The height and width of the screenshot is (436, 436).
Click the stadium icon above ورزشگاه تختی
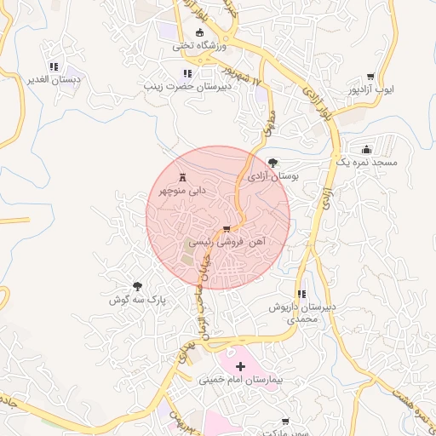(x=200, y=33)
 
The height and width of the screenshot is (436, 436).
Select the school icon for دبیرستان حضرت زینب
(x=187, y=73)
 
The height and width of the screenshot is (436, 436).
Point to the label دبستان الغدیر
(x=55, y=79)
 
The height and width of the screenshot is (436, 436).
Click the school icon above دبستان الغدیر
(x=54, y=66)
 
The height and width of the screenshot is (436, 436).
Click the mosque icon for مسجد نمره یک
(x=366, y=149)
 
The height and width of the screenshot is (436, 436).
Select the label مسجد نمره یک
(x=367, y=161)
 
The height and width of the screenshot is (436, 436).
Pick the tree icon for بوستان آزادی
(x=272, y=162)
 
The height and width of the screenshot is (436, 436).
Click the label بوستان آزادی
(x=274, y=177)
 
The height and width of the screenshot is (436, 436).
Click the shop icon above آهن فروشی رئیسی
(x=227, y=229)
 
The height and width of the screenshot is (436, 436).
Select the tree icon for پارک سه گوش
(x=137, y=288)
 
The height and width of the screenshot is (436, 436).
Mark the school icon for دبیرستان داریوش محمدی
(x=302, y=294)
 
